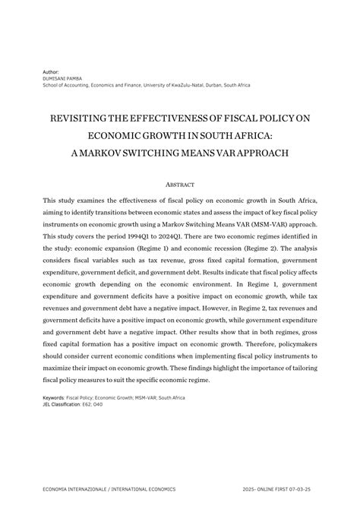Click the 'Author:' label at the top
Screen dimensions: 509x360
point(51,71)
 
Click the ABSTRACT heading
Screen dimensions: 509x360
point(179,185)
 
